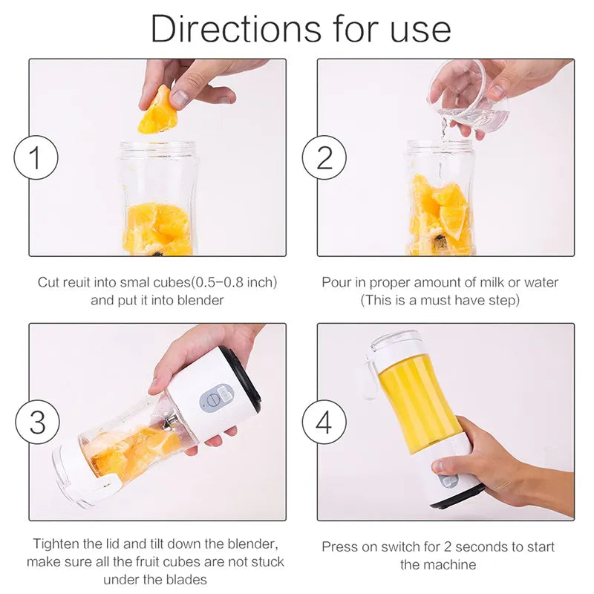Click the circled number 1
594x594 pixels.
point(36,157)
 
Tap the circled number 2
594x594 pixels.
point(324,157)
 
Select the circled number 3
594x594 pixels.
point(38,422)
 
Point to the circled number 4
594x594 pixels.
point(324,422)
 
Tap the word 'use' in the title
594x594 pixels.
point(420,32)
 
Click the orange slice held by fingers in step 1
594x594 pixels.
point(158,111)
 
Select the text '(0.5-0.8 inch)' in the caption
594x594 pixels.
point(234,282)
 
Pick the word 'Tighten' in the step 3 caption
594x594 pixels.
point(56,544)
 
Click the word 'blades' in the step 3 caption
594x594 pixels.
point(187,580)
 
